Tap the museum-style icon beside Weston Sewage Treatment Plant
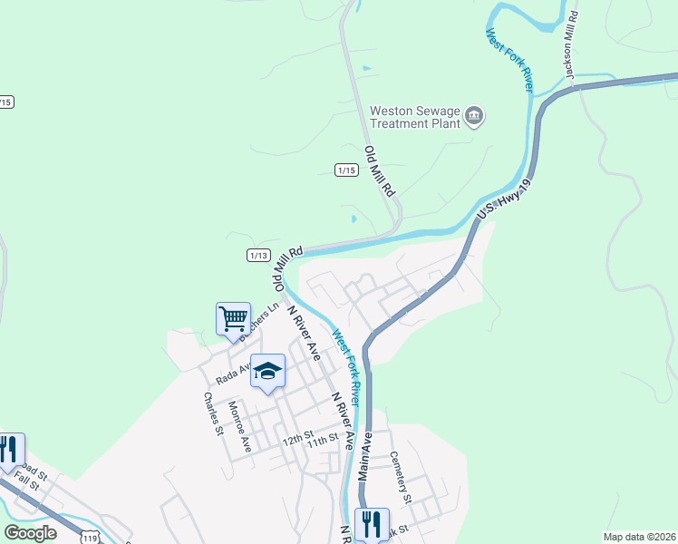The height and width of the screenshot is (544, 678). tap(474, 117)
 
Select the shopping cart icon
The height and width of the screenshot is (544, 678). tap(233, 319)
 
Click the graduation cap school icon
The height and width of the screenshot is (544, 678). tap(267, 370)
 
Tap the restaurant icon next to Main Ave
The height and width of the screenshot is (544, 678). tap(372, 524)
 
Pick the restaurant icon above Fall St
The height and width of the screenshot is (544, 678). tap(9, 450)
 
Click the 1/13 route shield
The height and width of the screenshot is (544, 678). tap(258, 256)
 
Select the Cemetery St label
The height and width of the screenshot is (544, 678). tap(401, 478)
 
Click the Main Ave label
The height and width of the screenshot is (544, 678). tap(366, 455)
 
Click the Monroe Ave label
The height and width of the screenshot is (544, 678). tap(239, 427)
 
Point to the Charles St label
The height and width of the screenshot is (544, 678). tap(213, 413)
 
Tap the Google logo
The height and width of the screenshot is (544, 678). tap(31, 532)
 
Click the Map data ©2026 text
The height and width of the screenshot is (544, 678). tap(638, 537)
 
